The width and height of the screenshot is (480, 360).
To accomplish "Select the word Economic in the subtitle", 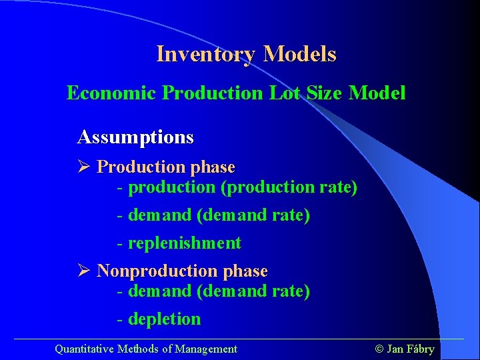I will coord(111,93).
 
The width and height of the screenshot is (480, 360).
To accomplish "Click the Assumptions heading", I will coord(135,138).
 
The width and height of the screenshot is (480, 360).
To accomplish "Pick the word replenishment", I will coord(185,243).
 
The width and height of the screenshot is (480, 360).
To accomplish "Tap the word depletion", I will coord(164,319).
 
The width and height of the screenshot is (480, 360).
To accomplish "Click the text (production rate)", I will coord(289,188).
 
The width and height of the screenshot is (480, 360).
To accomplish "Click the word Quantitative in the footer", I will coord(84,349).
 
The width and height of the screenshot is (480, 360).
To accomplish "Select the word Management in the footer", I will coord(205,349).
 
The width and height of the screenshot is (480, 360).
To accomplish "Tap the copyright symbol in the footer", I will coord(379,349).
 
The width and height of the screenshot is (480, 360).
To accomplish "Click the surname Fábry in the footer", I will coord(420,349).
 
